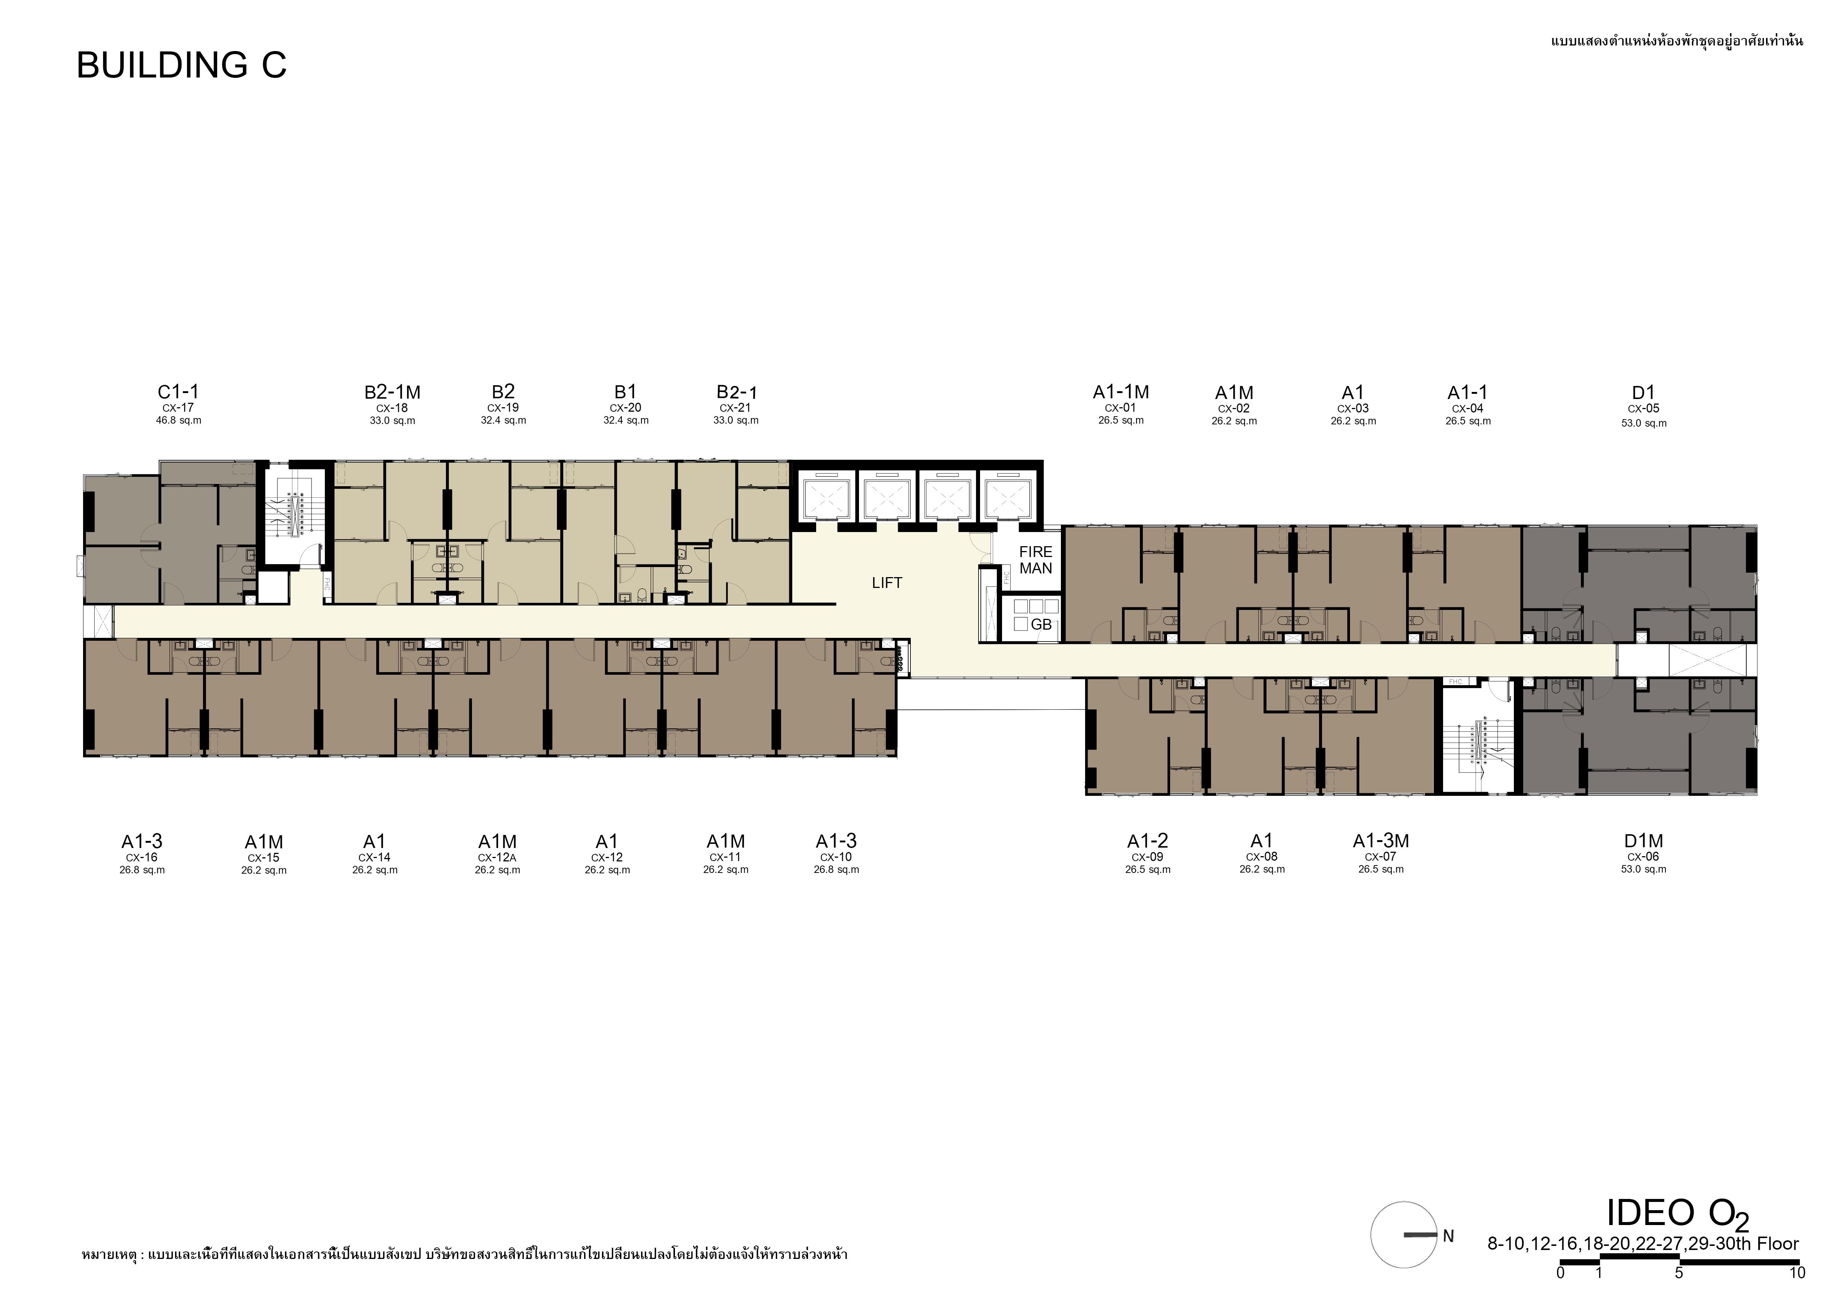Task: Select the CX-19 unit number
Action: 503,408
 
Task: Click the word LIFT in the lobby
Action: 887,583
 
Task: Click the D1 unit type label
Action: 1643,393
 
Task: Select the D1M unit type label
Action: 1643,841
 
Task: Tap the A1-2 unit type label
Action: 1148,841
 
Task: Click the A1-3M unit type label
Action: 1381,841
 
